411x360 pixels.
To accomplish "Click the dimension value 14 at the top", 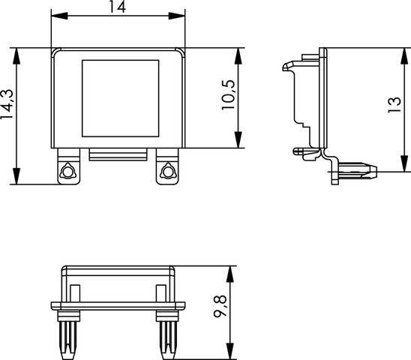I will tap(117, 7).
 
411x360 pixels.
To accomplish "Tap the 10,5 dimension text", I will tap(229, 95).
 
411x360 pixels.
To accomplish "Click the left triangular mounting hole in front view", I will tap(68, 172).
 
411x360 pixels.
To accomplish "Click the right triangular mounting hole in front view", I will tap(166, 172).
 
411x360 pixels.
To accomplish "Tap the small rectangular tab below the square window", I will tap(117, 154).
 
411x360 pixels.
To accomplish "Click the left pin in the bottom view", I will tap(69, 334).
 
